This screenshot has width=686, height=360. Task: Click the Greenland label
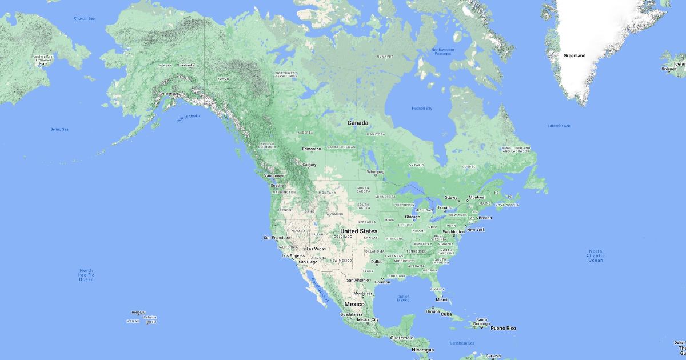coord(574,55)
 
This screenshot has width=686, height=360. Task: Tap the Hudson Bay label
coord(422,108)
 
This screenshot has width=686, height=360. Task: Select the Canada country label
coord(358,123)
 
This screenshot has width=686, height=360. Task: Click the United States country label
coord(358,231)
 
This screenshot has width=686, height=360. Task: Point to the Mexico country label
coord(353,304)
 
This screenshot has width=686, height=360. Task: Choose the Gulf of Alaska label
coord(188,117)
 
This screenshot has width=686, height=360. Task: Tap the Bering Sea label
coord(59,129)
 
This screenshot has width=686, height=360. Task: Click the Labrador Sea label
coord(559,126)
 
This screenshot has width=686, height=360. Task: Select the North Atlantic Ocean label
coord(596,255)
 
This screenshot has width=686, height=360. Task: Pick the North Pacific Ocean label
coord(86,275)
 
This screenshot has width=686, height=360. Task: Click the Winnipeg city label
coord(375,171)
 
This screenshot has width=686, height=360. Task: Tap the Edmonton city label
coord(312,149)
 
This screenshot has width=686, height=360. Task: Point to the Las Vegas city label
coord(316,249)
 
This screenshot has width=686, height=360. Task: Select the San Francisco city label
coord(276,237)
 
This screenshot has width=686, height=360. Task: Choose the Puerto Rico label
coord(503,328)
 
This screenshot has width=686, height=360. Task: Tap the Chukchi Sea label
coord(84,18)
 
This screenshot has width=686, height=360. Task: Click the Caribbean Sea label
coord(462,343)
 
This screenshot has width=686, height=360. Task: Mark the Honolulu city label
coord(138,312)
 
